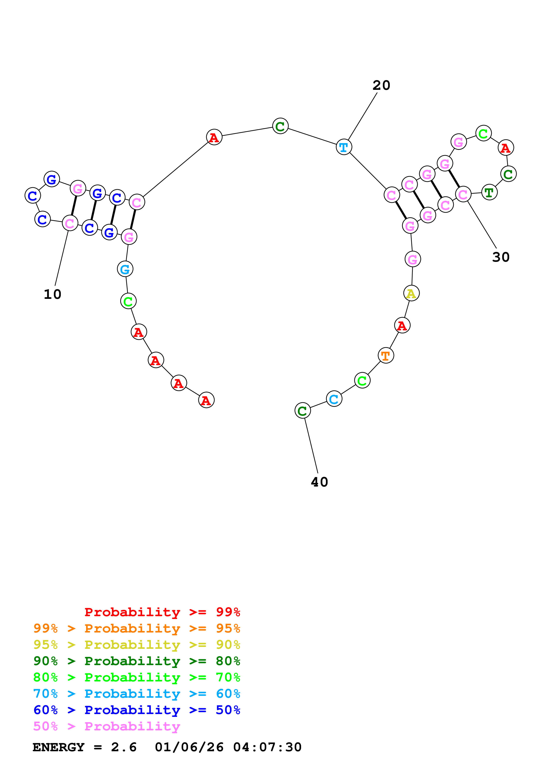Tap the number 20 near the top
coord(381,85)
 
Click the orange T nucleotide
coord(385,356)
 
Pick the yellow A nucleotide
coord(411,293)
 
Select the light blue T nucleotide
coord(344,147)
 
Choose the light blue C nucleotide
coord(334,399)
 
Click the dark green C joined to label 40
coord(302,411)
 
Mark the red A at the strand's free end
coord(206,400)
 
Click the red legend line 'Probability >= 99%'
coord(162,612)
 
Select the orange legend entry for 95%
coord(137,628)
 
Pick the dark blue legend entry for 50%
coord(137,710)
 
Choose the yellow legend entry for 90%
coord(137,645)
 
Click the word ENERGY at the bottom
coord(58,747)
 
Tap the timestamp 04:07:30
coord(267,747)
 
